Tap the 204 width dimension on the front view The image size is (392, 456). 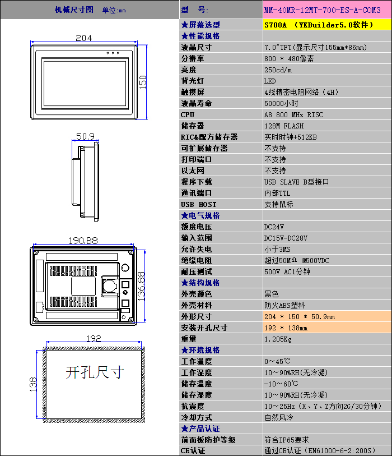(x=84, y=38)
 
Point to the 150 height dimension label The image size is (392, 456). (x=143, y=82)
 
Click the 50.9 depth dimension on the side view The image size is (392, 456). (x=85, y=136)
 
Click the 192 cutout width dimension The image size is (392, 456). (x=94, y=338)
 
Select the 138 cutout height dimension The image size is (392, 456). (x=32, y=384)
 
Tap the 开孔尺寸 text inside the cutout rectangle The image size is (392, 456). (x=94, y=372)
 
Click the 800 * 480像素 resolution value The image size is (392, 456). (x=289, y=58)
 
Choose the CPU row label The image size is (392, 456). (x=188, y=114)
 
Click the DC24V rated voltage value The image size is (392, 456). (x=274, y=227)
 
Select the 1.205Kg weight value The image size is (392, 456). (x=278, y=339)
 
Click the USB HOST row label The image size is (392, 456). (x=198, y=204)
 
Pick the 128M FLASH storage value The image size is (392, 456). (x=284, y=126)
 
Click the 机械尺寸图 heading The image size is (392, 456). (x=74, y=10)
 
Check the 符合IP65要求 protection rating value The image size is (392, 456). (x=286, y=440)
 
